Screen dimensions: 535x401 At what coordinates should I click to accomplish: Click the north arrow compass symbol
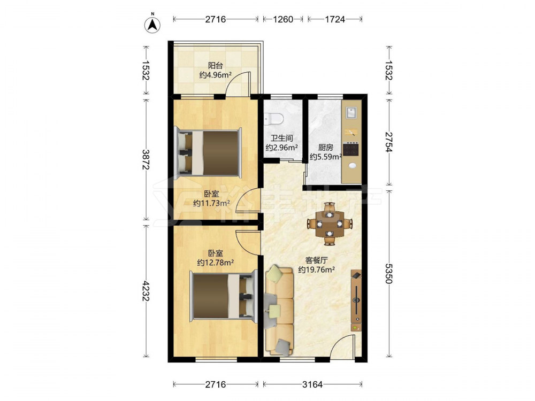point(152,24)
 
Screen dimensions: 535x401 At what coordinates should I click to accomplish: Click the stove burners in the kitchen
point(351,149)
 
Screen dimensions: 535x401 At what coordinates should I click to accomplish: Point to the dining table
point(329,224)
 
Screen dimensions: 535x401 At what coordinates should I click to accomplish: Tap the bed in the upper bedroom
point(208,152)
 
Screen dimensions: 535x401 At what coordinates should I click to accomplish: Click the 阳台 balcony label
point(215,65)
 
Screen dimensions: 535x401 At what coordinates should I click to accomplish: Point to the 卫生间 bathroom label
point(282,138)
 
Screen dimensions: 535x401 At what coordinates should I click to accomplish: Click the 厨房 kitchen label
point(326,148)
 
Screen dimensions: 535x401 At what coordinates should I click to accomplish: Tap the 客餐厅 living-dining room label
point(316,260)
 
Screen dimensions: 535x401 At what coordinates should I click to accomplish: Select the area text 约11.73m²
point(211,204)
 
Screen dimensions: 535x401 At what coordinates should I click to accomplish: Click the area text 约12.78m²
point(215,263)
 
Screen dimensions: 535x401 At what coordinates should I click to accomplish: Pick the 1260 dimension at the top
point(283,19)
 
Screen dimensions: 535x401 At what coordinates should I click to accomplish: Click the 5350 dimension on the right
point(389,273)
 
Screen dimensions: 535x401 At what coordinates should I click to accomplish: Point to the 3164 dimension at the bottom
point(312,384)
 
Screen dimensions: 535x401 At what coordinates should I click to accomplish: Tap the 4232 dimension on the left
point(146,291)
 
